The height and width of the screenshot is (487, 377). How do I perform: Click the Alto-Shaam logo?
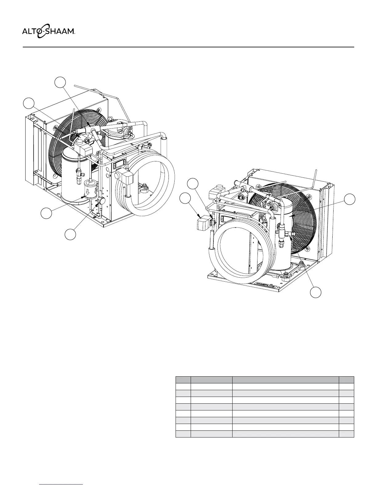[48, 32]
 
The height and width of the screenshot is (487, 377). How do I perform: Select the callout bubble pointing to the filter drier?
[46, 213]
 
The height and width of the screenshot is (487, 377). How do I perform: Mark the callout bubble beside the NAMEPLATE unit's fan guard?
[350, 199]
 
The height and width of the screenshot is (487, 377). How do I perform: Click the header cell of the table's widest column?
[286, 379]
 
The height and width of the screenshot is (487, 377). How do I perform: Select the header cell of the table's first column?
[183, 379]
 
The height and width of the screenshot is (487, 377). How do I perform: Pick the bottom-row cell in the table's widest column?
[286, 434]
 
